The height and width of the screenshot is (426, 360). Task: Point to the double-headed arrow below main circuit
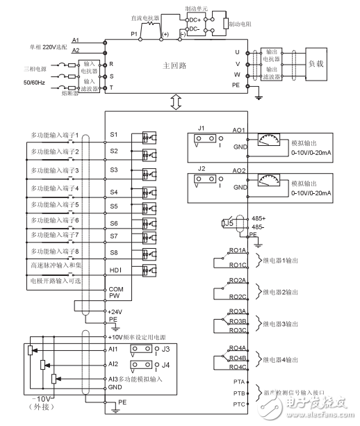tap(174, 102)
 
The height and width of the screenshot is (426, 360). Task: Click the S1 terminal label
tap(114, 133)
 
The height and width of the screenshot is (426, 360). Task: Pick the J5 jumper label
tap(227, 223)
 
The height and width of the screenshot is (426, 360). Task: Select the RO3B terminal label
tap(238, 322)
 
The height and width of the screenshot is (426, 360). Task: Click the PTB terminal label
tap(238, 393)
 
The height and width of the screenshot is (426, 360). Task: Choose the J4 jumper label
tap(165, 363)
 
